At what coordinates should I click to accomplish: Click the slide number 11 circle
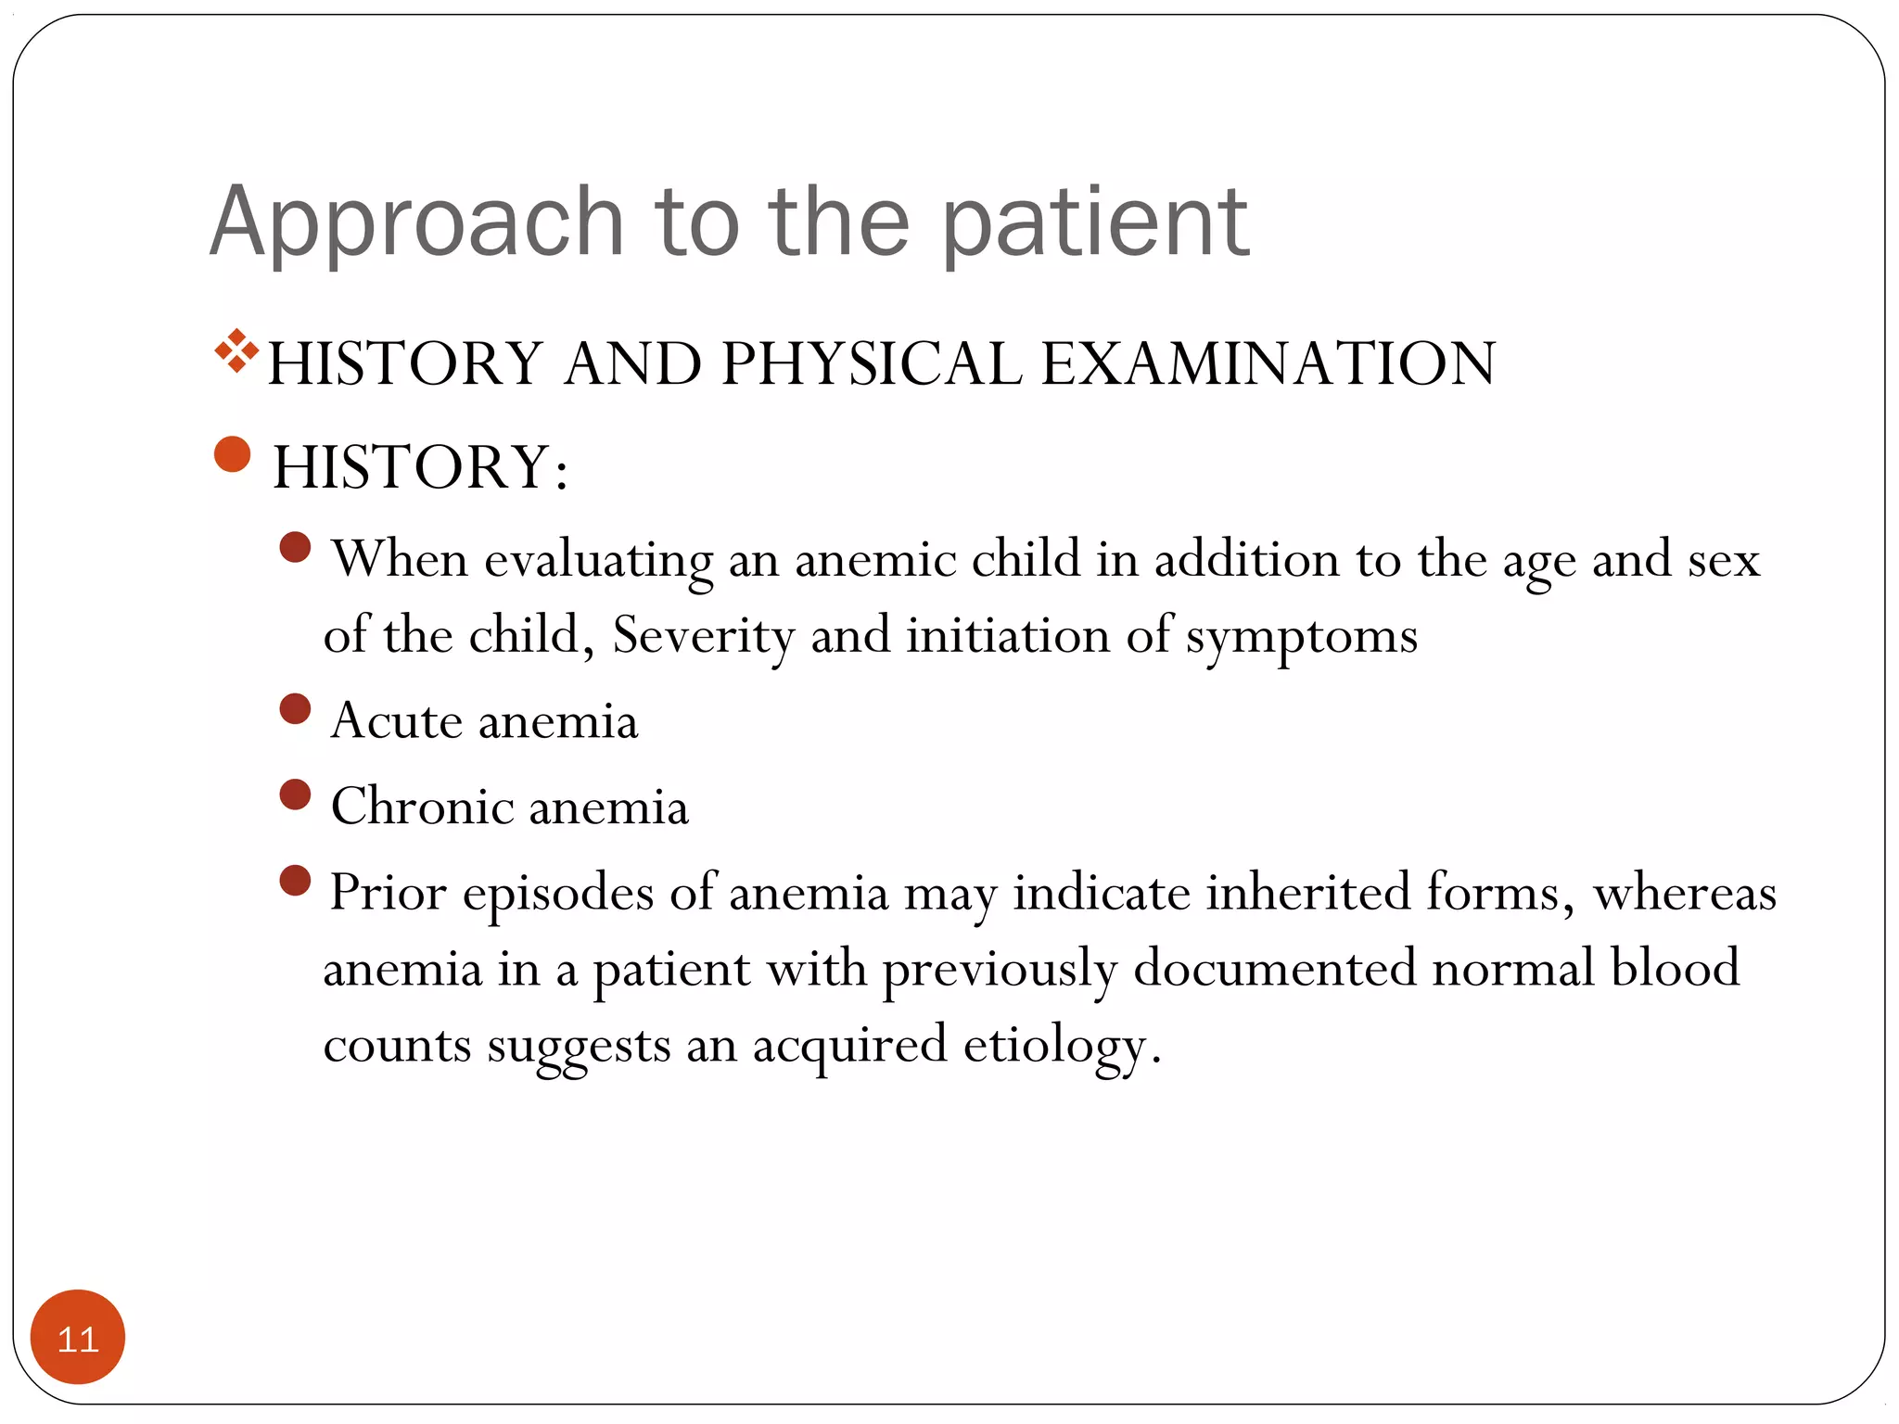(x=77, y=1337)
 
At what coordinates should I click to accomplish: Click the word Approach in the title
(x=416, y=222)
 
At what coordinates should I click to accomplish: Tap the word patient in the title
(x=1095, y=222)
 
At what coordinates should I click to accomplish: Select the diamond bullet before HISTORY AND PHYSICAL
(x=236, y=351)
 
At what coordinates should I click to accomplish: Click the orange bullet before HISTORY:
(x=232, y=454)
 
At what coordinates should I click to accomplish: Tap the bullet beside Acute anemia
(x=295, y=709)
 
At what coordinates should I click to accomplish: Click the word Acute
(x=396, y=721)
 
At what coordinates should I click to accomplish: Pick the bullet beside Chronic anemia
(x=295, y=795)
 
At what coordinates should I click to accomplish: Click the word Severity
(x=703, y=636)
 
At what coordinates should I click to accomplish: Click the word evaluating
(x=598, y=560)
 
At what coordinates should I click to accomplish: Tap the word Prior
(x=388, y=893)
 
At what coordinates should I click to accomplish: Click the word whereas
(x=1684, y=893)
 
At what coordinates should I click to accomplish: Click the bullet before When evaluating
(x=295, y=547)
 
